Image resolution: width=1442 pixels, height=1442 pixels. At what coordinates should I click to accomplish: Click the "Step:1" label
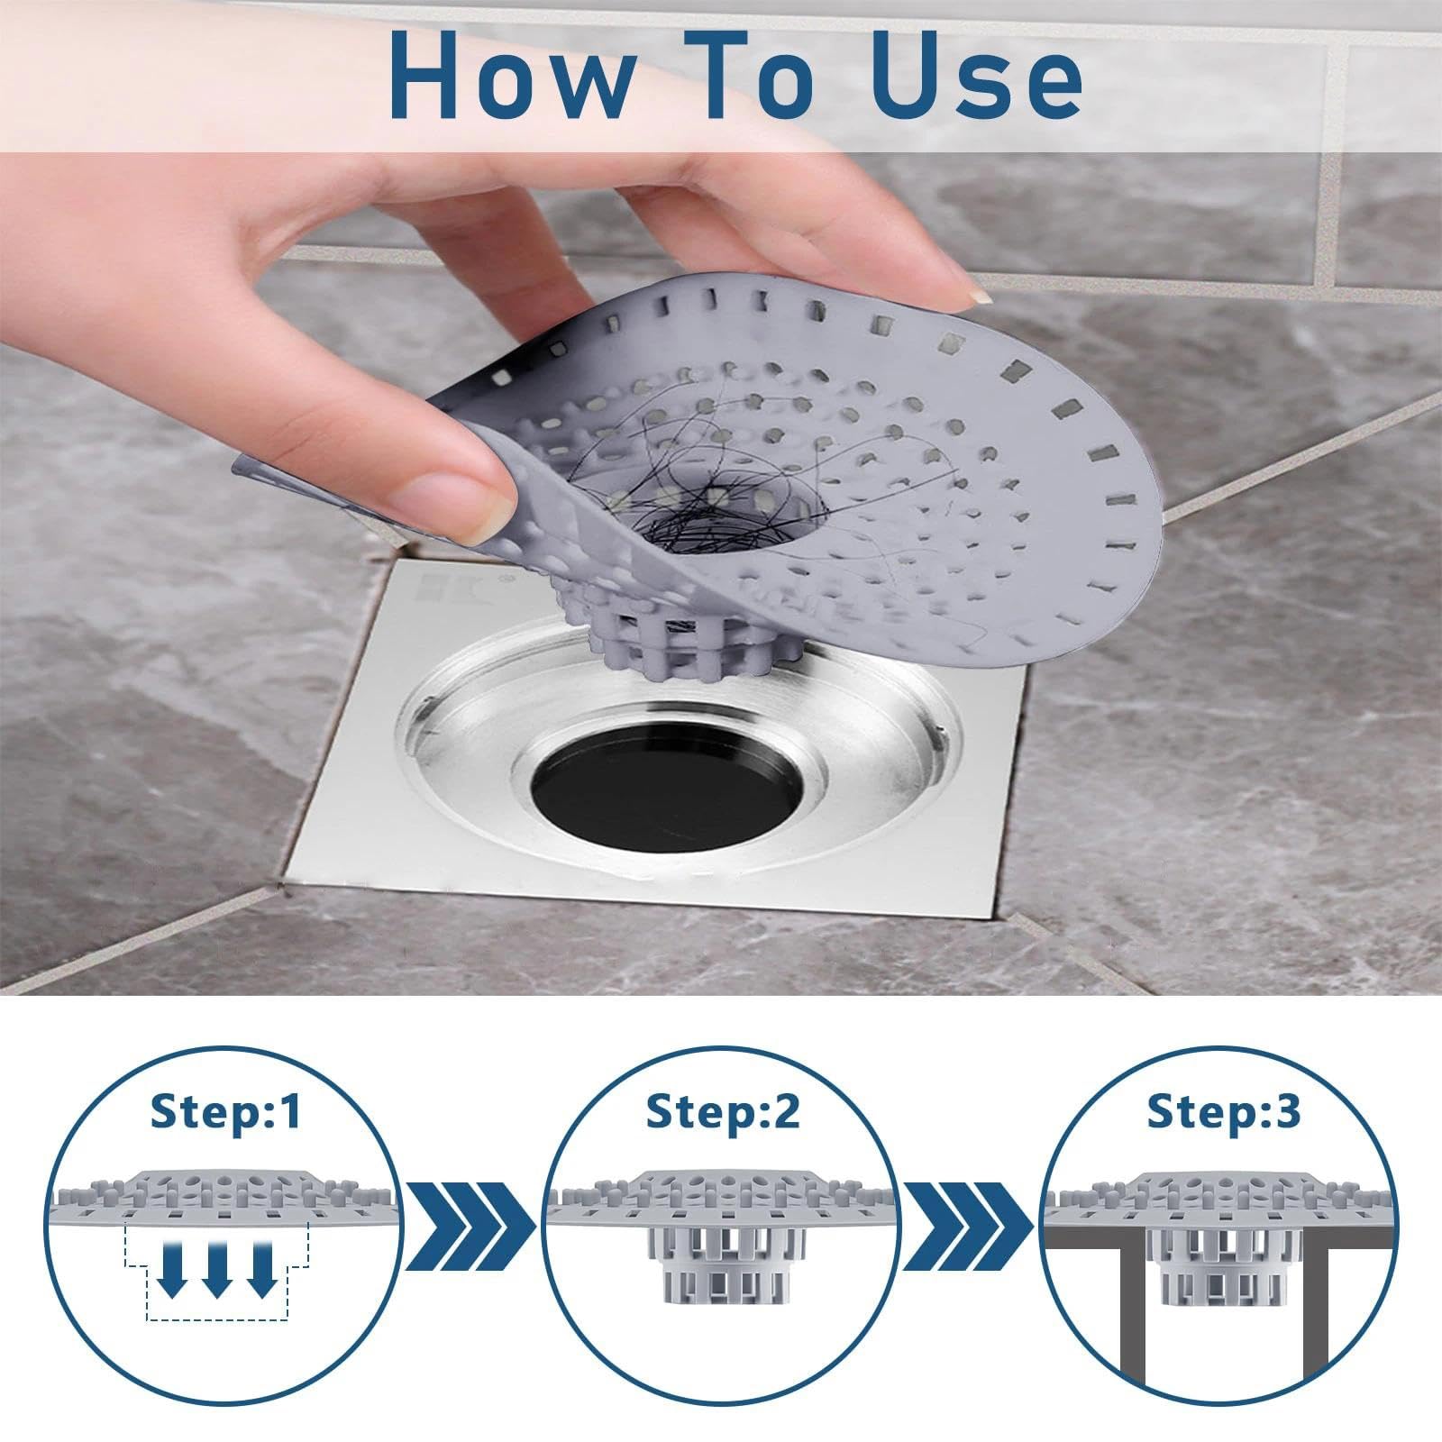225,1112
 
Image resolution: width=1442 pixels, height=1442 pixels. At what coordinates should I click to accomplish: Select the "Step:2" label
723,1112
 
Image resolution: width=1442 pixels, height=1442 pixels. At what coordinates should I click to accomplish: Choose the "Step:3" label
1223,1112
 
